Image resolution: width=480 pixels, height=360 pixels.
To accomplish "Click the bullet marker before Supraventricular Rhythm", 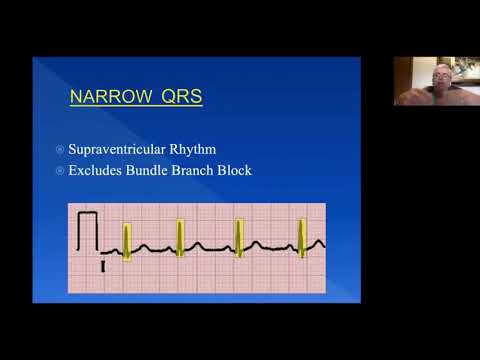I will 58,150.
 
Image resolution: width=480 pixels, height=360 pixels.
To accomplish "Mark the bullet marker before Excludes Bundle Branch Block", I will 58,170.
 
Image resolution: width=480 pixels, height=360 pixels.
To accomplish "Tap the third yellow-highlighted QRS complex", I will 239,238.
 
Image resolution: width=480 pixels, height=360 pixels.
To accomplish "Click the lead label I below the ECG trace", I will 103,267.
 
